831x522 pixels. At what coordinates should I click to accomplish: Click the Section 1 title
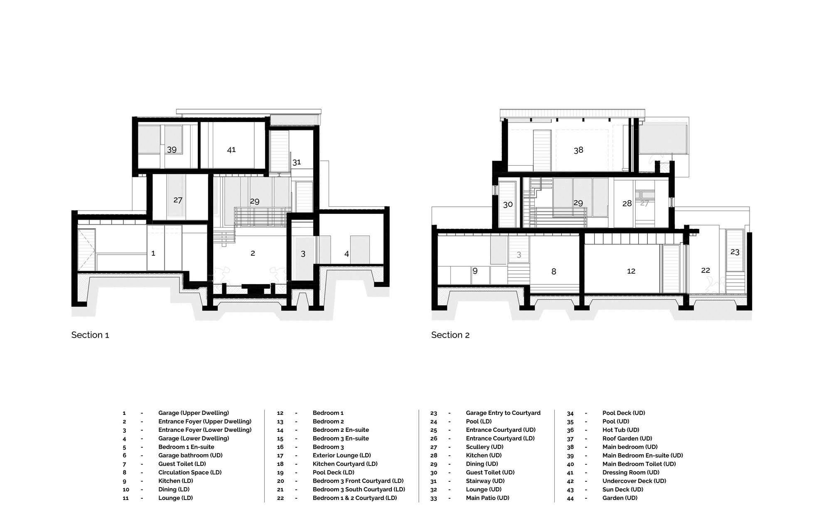click(90, 335)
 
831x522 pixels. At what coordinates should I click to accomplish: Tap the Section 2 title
click(450, 335)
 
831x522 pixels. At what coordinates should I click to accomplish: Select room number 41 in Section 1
click(231, 149)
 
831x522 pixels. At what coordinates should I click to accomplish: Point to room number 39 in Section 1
click(172, 149)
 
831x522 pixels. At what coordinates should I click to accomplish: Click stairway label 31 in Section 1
click(296, 162)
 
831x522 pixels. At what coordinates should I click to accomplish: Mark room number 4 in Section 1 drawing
click(347, 254)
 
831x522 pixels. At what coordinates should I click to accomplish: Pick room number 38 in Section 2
click(578, 150)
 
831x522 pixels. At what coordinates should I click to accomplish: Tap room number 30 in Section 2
click(508, 204)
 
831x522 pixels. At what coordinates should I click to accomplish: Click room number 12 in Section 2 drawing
click(631, 271)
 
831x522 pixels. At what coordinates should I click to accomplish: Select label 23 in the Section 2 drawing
click(735, 252)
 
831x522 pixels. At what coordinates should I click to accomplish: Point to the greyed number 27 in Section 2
click(644, 203)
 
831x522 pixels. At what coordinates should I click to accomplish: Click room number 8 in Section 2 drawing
click(553, 272)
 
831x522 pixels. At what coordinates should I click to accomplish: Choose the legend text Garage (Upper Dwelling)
click(194, 413)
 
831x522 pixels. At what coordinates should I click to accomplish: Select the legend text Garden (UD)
click(620, 498)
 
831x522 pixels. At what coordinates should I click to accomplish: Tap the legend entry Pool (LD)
click(479, 422)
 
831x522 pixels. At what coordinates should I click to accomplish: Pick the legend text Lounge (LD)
click(176, 498)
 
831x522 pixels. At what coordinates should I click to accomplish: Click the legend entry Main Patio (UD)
click(487, 498)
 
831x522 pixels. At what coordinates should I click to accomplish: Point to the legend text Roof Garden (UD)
click(627, 439)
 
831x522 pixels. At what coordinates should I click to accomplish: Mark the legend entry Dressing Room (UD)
click(631, 473)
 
